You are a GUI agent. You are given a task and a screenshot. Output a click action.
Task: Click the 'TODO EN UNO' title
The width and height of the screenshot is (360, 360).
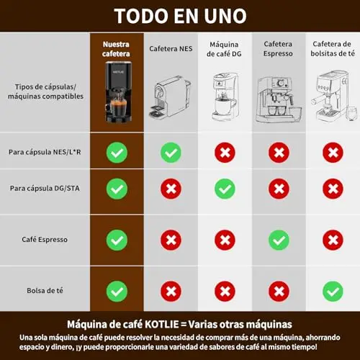pyautogui.click(x=180, y=16)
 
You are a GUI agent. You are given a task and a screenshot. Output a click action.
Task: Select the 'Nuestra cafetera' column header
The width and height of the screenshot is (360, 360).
pyautogui.click(x=116, y=49)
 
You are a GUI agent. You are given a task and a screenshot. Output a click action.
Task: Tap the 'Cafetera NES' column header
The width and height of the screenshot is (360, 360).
pyautogui.click(x=171, y=49)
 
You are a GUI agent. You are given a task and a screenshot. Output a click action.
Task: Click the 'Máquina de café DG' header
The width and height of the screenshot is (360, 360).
pyautogui.click(x=224, y=49)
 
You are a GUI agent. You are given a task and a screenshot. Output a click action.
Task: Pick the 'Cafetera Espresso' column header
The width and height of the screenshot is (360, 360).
pyautogui.click(x=278, y=49)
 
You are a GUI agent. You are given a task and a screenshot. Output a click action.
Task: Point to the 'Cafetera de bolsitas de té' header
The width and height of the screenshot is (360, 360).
pyautogui.click(x=333, y=49)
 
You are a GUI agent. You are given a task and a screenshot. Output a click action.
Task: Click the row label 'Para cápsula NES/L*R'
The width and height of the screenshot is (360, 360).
pyautogui.click(x=45, y=152)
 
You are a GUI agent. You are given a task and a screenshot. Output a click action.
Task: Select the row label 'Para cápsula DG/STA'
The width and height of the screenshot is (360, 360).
pyautogui.click(x=45, y=188)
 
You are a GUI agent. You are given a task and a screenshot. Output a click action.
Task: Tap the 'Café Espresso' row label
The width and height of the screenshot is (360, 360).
pyautogui.click(x=45, y=240)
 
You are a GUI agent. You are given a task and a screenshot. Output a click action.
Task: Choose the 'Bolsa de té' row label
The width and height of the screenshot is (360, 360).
pyautogui.click(x=45, y=291)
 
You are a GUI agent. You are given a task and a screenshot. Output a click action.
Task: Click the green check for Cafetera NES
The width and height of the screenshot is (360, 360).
pyautogui.click(x=171, y=153)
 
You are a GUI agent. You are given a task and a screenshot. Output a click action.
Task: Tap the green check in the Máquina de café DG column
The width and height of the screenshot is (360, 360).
pyautogui.click(x=225, y=189)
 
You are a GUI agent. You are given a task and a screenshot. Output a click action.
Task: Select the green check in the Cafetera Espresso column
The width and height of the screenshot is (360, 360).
pyautogui.click(x=279, y=240)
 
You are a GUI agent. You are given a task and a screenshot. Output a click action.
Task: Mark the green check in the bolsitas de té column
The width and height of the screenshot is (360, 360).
pyautogui.click(x=333, y=291)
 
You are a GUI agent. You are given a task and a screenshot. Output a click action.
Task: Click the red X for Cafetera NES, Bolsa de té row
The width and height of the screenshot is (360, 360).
pyautogui.click(x=171, y=291)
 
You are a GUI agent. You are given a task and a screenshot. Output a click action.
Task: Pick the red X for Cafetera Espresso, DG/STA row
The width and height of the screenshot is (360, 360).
pyautogui.click(x=279, y=189)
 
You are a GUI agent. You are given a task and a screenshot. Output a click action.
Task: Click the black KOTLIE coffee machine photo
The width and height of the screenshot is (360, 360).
pyautogui.click(x=118, y=92)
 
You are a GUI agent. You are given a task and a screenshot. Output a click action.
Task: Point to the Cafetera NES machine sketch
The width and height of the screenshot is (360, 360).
pyautogui.click(x=170, y=97)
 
